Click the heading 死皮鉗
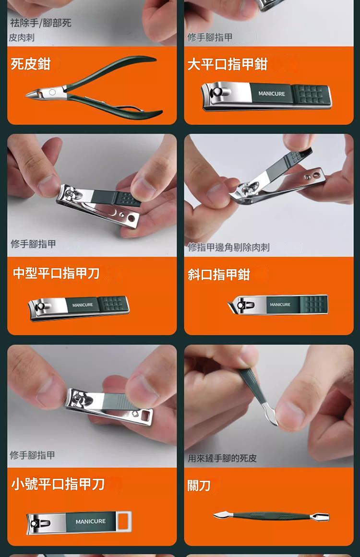(31, 63)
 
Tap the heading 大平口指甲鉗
(227, 64)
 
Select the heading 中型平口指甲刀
(56, 273)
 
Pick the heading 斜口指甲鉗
(219, 274)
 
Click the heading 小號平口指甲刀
(58, 484)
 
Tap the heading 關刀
(199, 486)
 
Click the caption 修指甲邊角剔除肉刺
(228, 247)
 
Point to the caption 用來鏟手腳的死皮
(222, 458)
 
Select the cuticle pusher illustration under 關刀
(271, 516)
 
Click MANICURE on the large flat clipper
(271, 94)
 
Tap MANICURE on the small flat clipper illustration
(90, 521)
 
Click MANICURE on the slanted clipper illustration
(280, 305)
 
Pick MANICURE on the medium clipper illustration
(83, 305)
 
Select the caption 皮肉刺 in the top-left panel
(22, 37)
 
